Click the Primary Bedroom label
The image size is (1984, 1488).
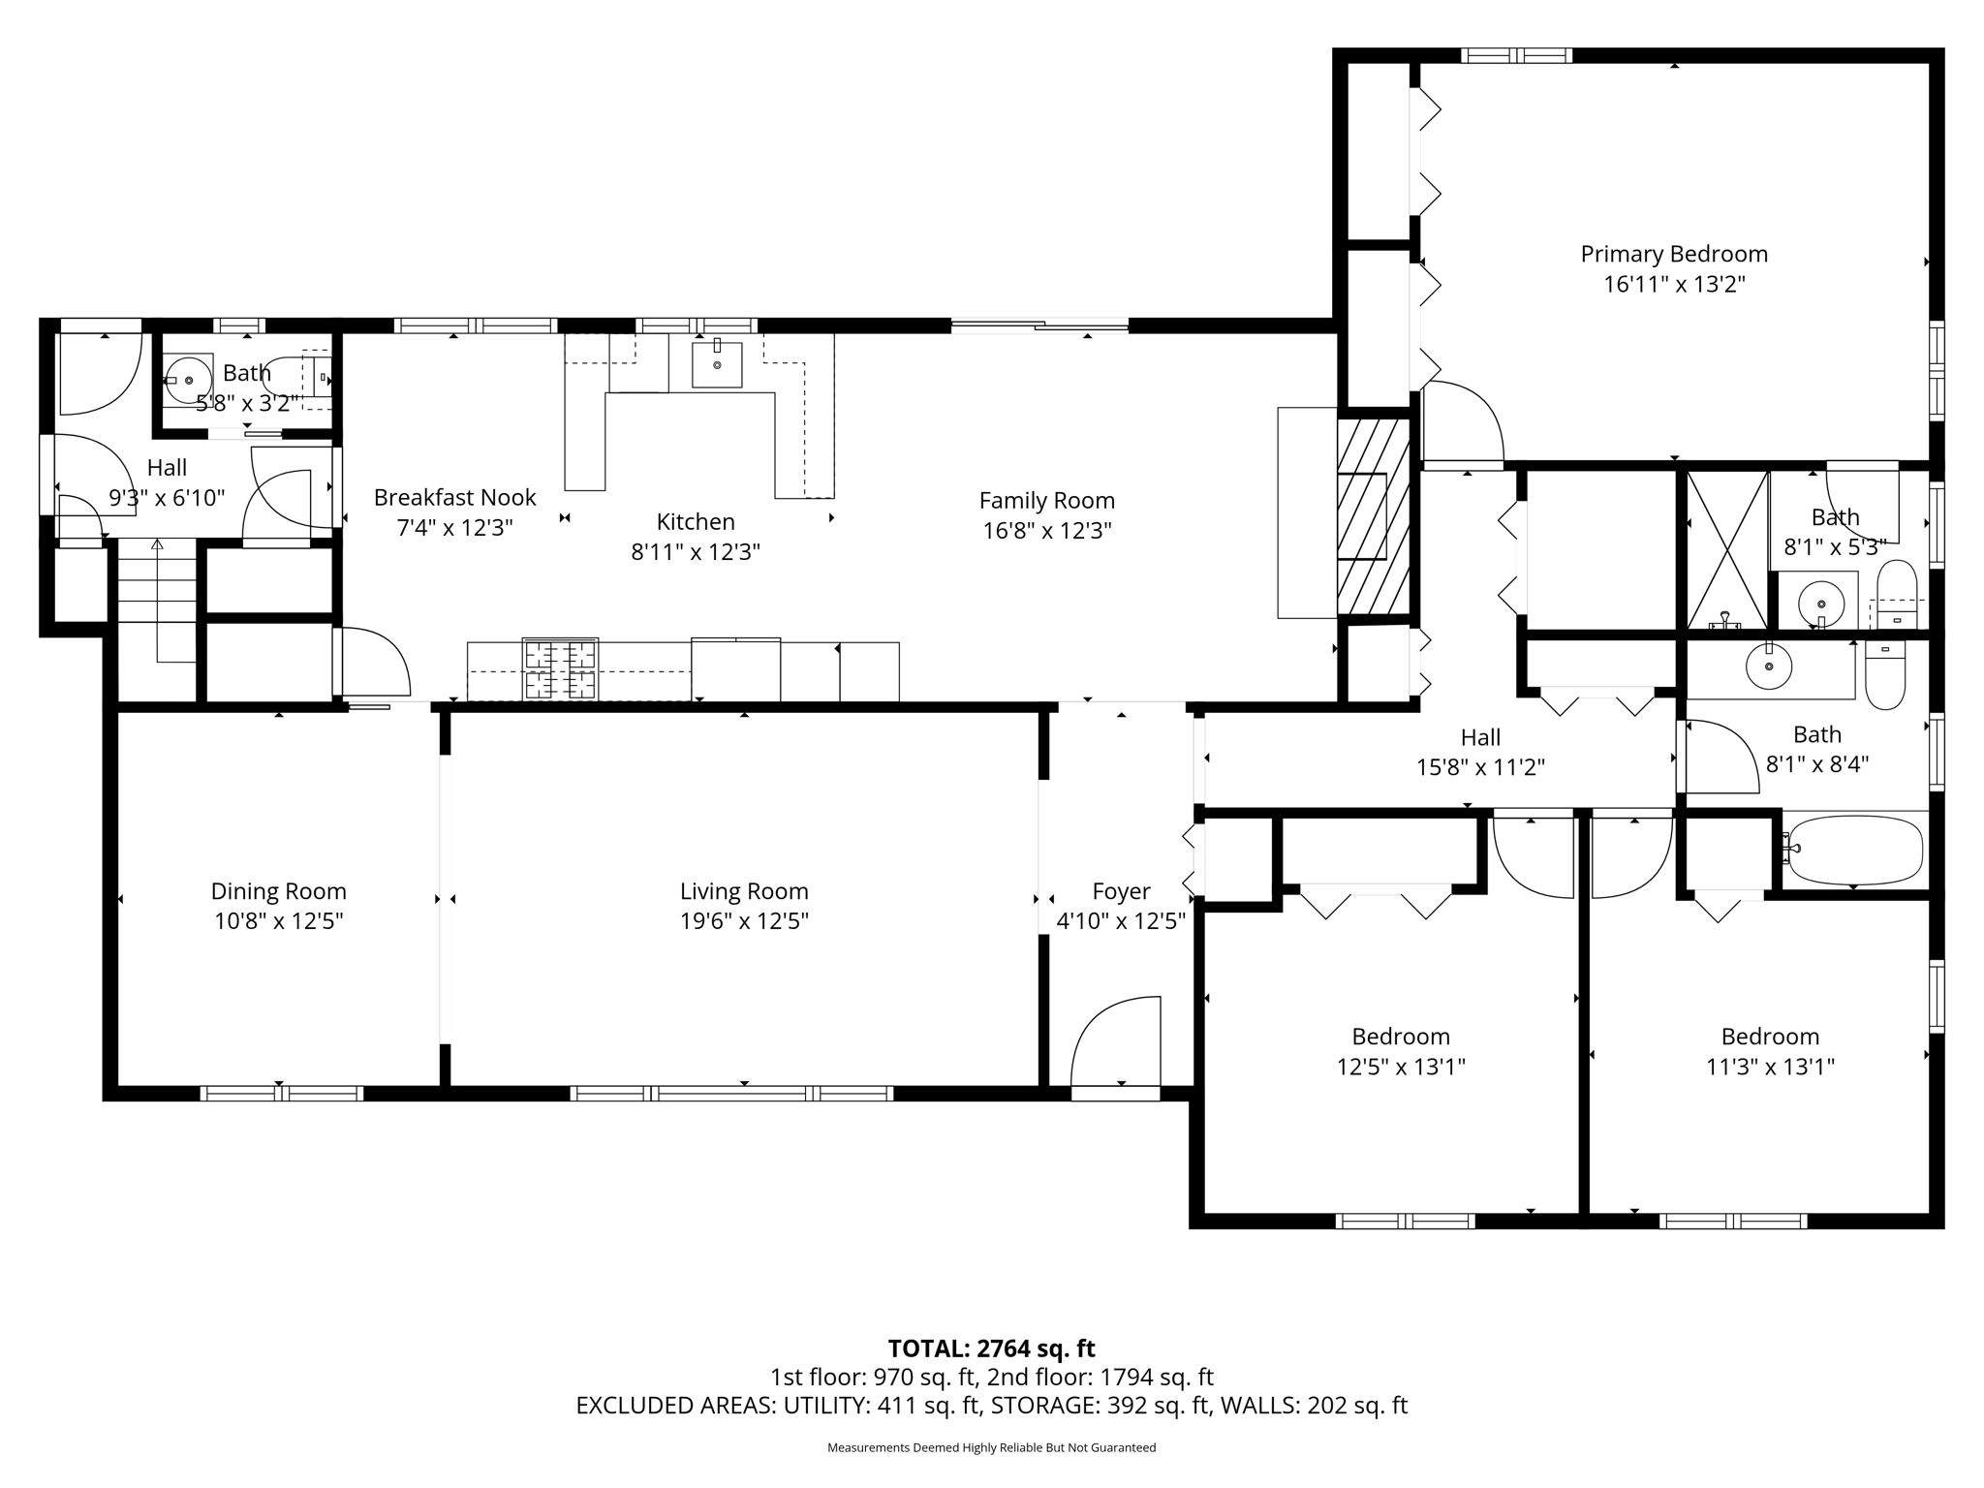[x=1674, y=254]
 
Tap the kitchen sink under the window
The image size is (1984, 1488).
[x=717, y=364]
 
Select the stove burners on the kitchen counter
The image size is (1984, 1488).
[x=560, y=668]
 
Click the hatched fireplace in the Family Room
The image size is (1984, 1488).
[x=1373, y=515]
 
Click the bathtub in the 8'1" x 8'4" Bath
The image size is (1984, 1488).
[x=1854, y=850]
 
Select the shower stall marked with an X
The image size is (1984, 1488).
[x=1727, y=549]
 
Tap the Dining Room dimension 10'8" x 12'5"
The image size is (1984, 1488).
[x=279, y=920]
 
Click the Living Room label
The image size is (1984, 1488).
[x=744, y=891]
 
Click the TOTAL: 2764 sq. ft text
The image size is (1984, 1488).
[x=991, y=1348]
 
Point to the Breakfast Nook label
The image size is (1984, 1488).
[x=455, y=497]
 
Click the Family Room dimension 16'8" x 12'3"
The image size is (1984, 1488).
[x=1047, y=531]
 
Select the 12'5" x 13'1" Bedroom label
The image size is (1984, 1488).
[x=1401, y=1037]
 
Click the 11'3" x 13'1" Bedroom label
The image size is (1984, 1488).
[x=1770, y=1037]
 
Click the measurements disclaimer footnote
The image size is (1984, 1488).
[x=991, y=1447]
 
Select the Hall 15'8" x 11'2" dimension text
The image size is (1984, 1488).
[x=1480, y=768]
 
